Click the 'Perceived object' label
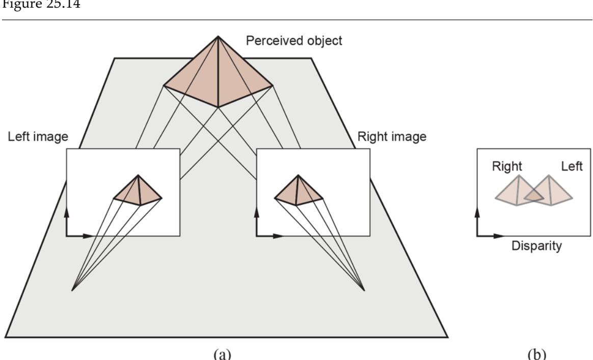point(294,40)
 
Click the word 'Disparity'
point(536,246)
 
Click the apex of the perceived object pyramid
point(218,36)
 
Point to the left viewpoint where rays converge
point(73,291)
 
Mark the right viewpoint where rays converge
point(364,291)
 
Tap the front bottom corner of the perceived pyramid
point(218,107)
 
